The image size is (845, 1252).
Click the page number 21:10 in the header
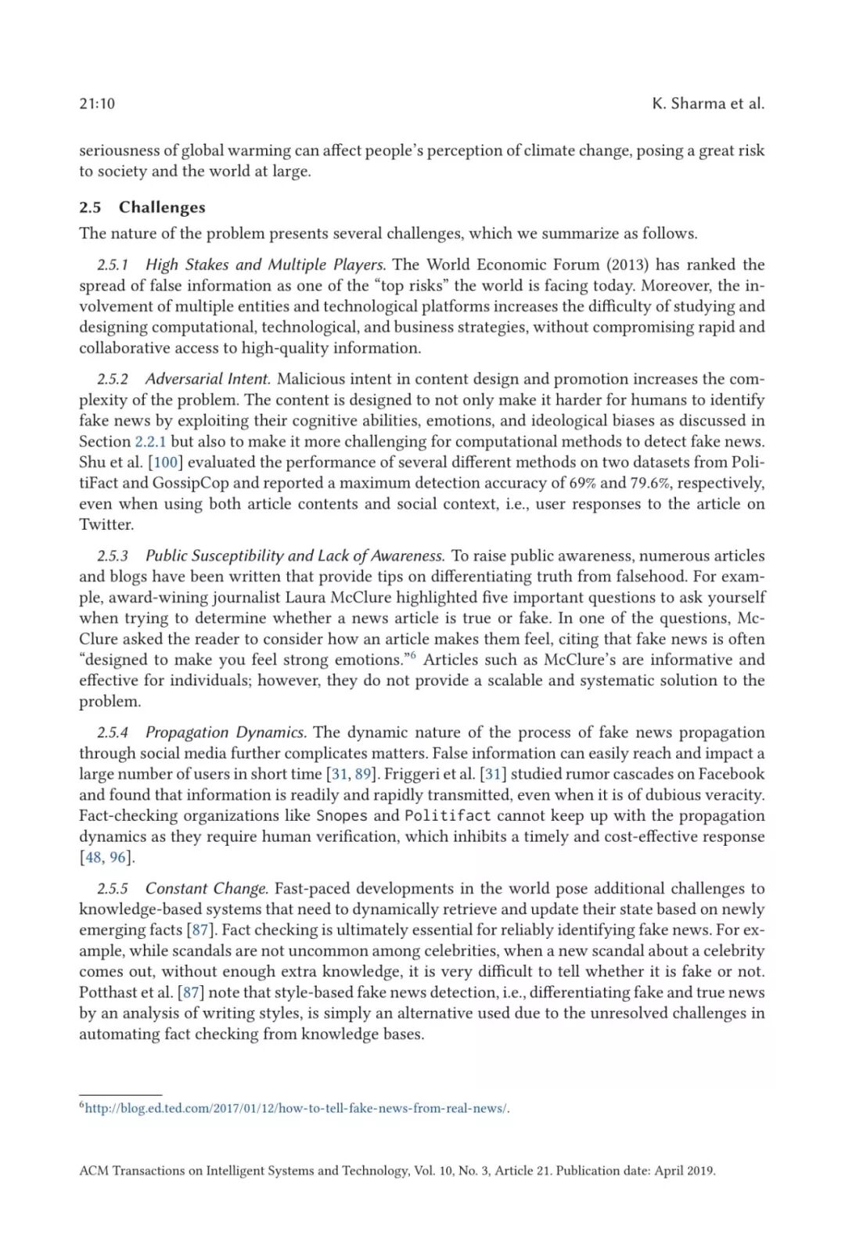97,103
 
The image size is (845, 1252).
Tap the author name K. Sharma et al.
707,103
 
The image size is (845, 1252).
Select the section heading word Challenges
162,207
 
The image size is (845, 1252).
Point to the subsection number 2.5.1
113,264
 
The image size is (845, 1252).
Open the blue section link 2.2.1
150,441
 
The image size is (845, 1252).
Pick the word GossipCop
191,483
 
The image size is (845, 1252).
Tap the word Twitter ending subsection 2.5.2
106,524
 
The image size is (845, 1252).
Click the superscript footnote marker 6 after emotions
412,655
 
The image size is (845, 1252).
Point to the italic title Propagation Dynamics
225,732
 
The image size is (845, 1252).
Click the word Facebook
731,774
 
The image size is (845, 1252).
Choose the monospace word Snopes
341,815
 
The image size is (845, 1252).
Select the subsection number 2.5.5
113,888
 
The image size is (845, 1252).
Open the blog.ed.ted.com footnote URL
296,1108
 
